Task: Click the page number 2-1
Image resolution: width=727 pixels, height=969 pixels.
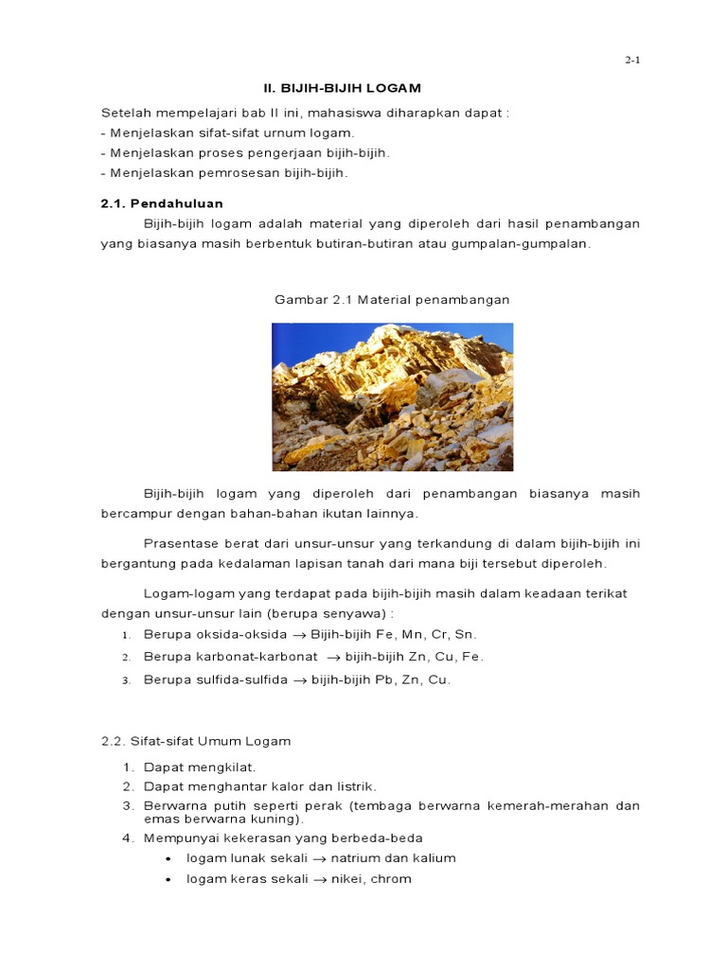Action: click(632, 60)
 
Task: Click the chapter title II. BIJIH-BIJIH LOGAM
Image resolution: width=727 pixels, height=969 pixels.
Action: click(328, 88)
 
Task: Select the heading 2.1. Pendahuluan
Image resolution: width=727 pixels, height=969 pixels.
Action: click(162, 203)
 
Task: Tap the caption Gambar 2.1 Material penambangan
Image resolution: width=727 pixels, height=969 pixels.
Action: click(392, 299)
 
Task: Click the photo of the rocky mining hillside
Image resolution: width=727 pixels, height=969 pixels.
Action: click(392, 396)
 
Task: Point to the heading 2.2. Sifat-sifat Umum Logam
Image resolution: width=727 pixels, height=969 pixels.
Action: click(196, 741)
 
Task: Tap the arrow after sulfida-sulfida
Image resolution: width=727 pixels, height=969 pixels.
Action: click(300, 679)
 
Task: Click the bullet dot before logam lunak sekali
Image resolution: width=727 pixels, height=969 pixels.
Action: click(168, 858)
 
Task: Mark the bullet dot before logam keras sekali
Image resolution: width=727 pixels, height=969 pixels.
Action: click(168, 879)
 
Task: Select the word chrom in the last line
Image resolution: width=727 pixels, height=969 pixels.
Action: click(393, 879)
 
